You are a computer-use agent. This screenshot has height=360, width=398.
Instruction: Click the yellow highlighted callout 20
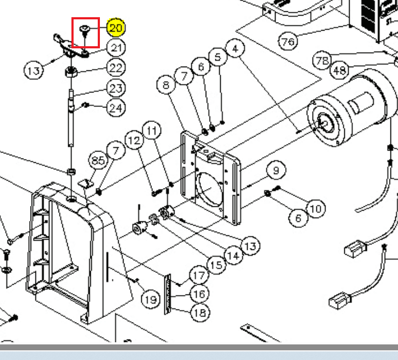(x=115, y=28)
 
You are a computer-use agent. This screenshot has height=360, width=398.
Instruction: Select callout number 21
(x=116, y=48)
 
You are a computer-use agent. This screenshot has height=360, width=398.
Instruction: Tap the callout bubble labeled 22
(x=116, y=68)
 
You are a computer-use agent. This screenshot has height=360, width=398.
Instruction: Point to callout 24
(x=116, y=108)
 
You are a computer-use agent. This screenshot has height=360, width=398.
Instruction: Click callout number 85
(x=98, y=160)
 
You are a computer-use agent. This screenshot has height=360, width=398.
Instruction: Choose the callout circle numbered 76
(x=288, y=41)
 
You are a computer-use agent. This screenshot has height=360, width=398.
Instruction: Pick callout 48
(x=339, y=70)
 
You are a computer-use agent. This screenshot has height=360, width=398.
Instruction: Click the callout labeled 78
(x=322, y=61)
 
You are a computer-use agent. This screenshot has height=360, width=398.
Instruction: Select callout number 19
(x=150, y=300)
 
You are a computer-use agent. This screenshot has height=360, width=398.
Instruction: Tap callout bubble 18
(x=200, y=313)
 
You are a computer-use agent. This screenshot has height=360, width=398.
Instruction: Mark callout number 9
(x=276, y=170)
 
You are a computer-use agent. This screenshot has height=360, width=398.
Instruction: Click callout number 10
(x=316, y=208)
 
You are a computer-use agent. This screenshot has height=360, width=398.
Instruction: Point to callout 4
(x=235, y=48)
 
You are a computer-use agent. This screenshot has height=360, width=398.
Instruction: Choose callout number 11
(x=152, y=131)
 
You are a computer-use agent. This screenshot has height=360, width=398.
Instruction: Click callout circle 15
(x=216, y=265)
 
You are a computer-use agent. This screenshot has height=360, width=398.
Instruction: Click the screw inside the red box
(x=84, y=31)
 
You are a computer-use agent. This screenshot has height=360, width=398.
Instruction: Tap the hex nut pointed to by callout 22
(x=71, y=71)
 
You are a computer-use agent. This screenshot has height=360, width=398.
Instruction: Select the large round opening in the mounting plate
(x=209, y=190)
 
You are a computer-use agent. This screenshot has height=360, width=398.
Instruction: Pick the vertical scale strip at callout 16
(x=168, y=294)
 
